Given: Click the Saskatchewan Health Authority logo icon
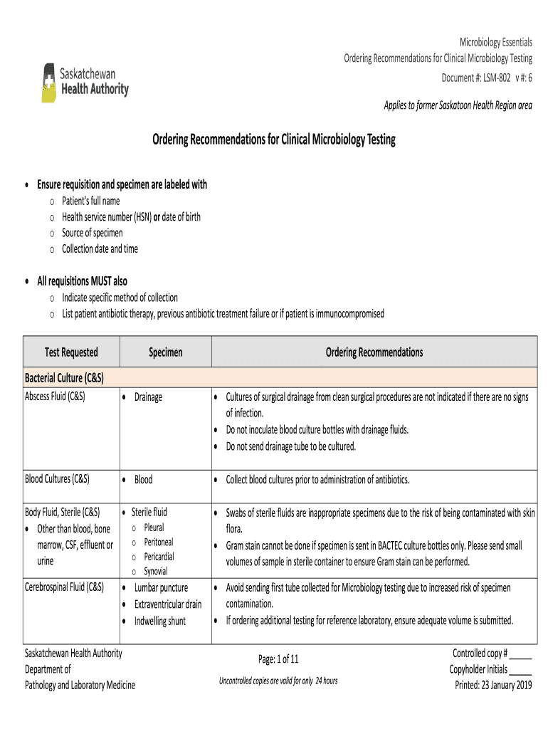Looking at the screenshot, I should tap(49, 83).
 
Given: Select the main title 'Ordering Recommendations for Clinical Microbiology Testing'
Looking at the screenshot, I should tap(273, 140).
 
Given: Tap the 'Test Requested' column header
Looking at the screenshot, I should tap(71, 352).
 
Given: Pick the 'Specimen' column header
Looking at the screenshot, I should tap(165, 352).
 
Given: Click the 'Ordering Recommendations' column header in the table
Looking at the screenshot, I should tap(374, 352).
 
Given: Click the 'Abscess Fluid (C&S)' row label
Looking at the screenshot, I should tap(56, 397).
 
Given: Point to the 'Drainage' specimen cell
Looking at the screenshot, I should tap(148, 397).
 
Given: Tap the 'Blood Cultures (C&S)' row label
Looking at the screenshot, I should tap(58, 479).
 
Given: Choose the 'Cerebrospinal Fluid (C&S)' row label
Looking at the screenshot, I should tap(65, 587).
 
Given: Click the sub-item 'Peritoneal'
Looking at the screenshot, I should tap(159, 542).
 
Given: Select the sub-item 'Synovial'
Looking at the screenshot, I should tap(157, 571).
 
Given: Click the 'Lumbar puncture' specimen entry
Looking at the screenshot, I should tap(161, 588).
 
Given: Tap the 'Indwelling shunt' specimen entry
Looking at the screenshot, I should tap(160, 621).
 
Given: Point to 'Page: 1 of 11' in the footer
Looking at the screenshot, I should tap(278, 659).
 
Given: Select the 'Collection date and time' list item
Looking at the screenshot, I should tap(100, 249).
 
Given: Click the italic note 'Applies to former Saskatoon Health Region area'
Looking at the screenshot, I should tap(458, 105).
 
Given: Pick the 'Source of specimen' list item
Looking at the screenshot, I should tap(92, 233).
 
